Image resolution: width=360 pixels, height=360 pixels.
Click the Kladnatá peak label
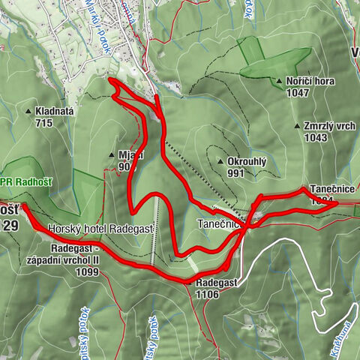pyautogui.click(x=54, y=110)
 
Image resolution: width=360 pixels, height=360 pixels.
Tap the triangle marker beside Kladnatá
pyautogui.click(x=28, y=110)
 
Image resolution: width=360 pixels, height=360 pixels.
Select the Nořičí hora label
pyautogui.click(x=309, y=81)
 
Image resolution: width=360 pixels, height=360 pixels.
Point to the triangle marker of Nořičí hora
pyautogui.click(x=279, y=81)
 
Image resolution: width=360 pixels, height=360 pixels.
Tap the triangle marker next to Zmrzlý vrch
pyautogui.click(x=298, y=126)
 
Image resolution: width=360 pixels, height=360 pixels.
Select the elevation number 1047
pyautogui.click(x=298, y=92)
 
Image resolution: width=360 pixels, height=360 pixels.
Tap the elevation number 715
pyautogui.click(x=43, y=122)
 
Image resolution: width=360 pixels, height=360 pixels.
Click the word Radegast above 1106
pyautogui.click(x=216, y=283)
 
